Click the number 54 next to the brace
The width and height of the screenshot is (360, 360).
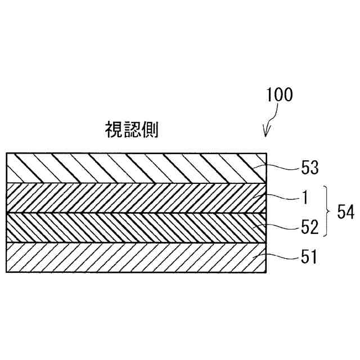click(x=344, y=212)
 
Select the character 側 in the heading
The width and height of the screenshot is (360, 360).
click(x=150, y=130)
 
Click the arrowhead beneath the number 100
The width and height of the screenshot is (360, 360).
click(x=266, y=134)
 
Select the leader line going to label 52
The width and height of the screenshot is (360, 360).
click(x=281, y=227)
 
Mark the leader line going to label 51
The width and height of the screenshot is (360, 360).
click(x=281, y=257)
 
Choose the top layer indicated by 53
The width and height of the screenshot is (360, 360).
click(x=135, y=167)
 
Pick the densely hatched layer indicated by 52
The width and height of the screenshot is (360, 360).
click(x=135, y=227)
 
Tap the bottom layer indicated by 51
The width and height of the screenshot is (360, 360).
click(x=135, y=256)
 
